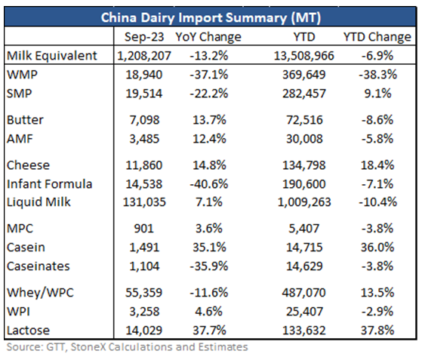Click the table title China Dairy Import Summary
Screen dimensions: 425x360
pos(211,17)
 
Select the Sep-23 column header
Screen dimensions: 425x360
pos(144,36)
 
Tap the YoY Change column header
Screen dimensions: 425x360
pos(208,36)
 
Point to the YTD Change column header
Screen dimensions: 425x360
pos(377,36)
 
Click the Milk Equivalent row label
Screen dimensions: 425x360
pos(52,56)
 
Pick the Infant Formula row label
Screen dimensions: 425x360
pos(49,184)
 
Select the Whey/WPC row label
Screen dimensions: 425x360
pos(40,293)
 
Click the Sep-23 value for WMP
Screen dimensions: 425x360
pos(144,75)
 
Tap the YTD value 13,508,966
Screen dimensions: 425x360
pos(304,56)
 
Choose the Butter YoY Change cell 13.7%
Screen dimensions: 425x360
pos(209,120)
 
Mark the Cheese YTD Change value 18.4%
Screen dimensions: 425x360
pos(377,165)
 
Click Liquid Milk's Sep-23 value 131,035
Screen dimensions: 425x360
pos(144,202)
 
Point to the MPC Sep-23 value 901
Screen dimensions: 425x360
pos(144,228)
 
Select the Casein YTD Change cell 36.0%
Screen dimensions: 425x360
pos(377,248)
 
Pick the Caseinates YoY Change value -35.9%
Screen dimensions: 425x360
pos(208,266)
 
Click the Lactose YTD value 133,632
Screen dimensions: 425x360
pos(304,330)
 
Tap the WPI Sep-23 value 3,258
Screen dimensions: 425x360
pos(144,311)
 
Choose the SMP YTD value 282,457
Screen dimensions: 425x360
pos(304,94)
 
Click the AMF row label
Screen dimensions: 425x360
pos(20,139)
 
